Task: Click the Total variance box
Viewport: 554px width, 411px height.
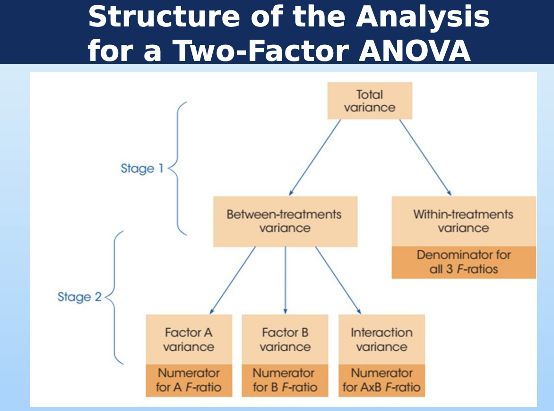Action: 370,101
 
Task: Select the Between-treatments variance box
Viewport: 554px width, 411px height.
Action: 285,222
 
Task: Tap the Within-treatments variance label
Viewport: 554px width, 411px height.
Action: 463,221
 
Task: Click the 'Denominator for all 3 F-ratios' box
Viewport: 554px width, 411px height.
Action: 464,262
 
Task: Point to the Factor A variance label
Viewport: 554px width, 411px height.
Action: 189,340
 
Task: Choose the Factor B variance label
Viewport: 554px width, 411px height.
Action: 285,340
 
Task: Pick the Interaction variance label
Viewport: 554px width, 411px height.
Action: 381,340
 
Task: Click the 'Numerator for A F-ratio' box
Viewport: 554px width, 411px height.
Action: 189,380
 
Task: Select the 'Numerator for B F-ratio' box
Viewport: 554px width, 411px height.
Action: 285,380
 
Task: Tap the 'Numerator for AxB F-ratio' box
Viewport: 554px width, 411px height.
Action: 381,380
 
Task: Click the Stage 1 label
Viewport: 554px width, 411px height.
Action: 142,169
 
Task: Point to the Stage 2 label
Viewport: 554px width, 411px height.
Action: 79,297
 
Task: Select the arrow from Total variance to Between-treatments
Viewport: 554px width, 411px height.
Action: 315,157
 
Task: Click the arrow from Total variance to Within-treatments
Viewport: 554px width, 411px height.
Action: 425,157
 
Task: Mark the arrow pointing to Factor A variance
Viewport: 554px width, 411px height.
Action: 233,280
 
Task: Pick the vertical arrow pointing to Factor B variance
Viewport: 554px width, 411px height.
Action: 286,280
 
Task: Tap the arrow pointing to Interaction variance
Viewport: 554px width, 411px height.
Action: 338,280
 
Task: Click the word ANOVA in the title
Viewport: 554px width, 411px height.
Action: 415,50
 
